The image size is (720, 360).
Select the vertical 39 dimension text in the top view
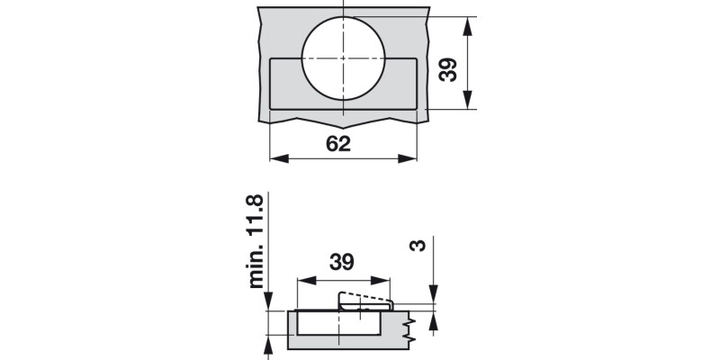[x=448, y=68]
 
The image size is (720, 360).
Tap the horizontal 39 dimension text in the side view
[x=340, y=262]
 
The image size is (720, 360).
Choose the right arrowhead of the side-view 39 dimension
[x=385, y=279]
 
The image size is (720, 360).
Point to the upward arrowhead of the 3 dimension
[x=433, y=321]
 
